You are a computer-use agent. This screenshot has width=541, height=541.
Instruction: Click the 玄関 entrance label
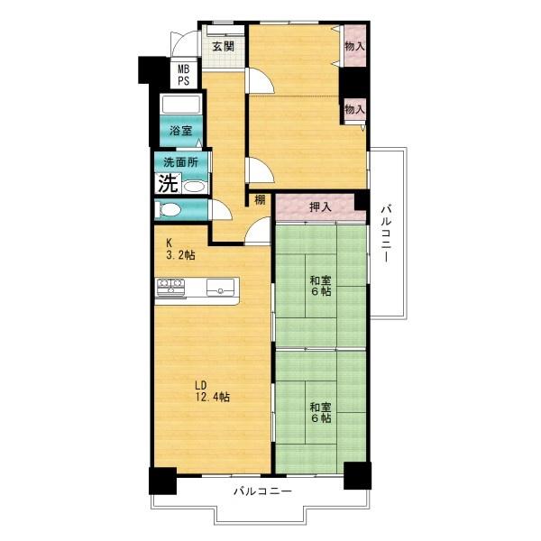pos(224,46)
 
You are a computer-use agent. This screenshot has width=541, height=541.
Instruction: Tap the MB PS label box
pos(184,75)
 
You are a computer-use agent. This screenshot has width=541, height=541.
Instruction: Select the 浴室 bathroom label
pos(181,131)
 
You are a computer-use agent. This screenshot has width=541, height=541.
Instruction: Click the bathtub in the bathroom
pos(181,105)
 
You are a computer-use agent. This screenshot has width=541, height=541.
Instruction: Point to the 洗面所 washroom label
pos(180,162)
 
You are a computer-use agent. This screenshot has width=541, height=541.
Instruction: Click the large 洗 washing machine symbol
pos(168,183)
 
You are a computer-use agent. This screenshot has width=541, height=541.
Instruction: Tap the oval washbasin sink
pos(194,187)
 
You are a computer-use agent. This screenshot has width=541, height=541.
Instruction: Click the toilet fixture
pos(168,210)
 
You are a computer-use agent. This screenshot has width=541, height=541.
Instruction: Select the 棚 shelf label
pos(260,199)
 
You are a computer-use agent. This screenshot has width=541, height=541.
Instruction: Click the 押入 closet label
pos(320,207)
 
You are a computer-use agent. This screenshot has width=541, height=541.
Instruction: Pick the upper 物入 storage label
pos(354,46)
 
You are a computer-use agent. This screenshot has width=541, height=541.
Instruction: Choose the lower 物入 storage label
pos(354,109)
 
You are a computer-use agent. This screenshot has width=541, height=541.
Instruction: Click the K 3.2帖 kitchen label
pos(180,249)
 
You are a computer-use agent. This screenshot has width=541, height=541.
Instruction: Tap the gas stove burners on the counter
pos(170,287)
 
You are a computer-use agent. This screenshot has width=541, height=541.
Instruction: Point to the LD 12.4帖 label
pos(212,391)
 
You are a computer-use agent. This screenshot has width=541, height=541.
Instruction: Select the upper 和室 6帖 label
pos(320,285)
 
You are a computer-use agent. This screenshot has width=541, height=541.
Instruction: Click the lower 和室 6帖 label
pos(320,412)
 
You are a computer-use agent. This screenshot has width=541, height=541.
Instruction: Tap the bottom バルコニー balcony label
pos(263,491)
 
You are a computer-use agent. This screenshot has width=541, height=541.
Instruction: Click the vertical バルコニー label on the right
pos(387,233)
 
